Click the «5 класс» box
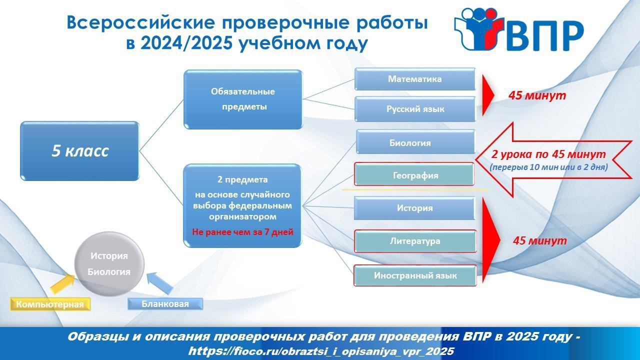click(79, 151)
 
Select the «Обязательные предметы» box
click(243, 99)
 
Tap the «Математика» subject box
click(415, 79)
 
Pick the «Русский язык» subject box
click(415, 109)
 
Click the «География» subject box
click(414, 174)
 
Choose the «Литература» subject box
click(415, 241)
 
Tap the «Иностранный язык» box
click(415, 275)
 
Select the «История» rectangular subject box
click(414, 208)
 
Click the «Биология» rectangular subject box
click(415, 142)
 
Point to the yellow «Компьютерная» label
click(50, 304)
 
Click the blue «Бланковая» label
click(165, 303)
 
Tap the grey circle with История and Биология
click(109, 264)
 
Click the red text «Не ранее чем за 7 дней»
click(242, 231)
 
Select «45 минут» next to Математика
click(537, 95)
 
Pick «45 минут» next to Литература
click(539, 240)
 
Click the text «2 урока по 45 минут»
click(548, 154)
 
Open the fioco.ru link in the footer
click(321, 351)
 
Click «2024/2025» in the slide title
click(185, 43)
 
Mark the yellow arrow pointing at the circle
click(62, 283)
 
